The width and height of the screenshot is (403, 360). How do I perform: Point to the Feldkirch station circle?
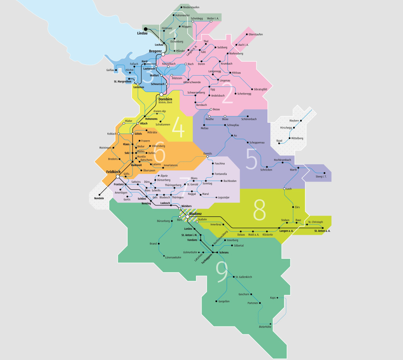pos(118,176)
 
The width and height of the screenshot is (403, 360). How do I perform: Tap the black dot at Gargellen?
pos(217,301)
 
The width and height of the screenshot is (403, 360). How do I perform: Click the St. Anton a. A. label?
pos(322,231)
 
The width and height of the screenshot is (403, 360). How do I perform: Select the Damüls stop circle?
pos(207,157)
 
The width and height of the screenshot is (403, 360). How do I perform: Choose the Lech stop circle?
pos(284,189)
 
